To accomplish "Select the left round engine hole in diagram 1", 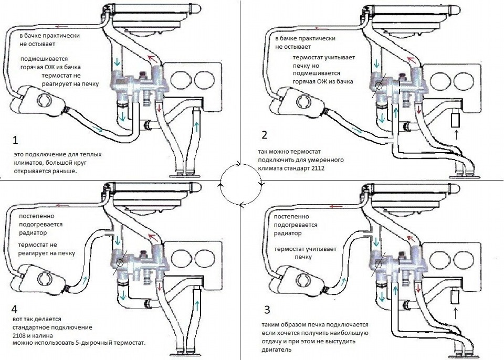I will tap(182, 80).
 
